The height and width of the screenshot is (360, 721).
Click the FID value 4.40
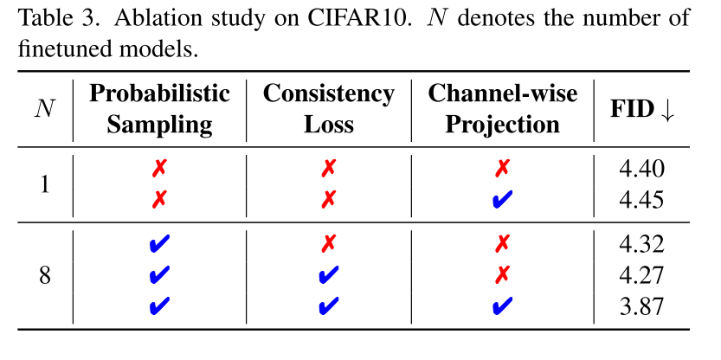[x=641, y=170]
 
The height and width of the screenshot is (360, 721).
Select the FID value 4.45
[x=641, y=200]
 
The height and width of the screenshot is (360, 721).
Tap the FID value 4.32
[x=641, y=246]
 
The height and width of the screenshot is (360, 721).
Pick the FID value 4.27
[x=641, y=275]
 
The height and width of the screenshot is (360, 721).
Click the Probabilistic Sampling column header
[x=159, y=108]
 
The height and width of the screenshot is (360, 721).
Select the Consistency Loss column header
[x=328, y=108]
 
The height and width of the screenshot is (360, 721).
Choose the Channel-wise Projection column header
[x=502, y=108]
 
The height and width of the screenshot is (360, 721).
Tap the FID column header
[x=641, y=109]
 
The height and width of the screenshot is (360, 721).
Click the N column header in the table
[x=43, y=109]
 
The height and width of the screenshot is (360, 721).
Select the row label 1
[x=44, y=185]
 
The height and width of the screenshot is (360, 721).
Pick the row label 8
[x=44, y=275]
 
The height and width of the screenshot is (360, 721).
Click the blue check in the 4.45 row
[x=502, y=200]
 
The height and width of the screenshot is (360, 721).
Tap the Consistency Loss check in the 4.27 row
[x=328, y=275]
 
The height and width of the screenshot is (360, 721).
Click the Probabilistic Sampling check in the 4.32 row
[x=159, y=246]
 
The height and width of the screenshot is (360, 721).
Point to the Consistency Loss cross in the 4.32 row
[x=328, y=246]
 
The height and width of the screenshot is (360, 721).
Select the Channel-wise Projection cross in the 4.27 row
[x=502, y=275]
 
